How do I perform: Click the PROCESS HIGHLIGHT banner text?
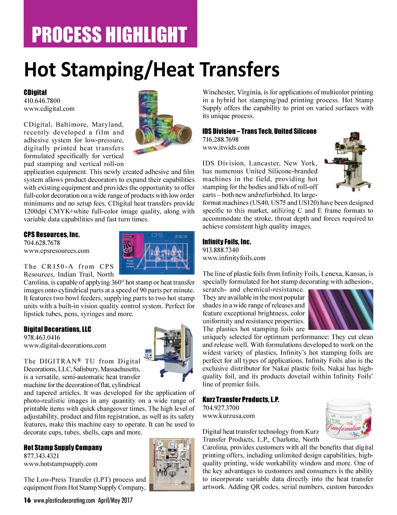[x=109, y=34]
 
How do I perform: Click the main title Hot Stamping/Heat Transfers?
[x=152, y=70]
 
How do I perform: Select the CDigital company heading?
[x=35, y=92]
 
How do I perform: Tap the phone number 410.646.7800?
[x=42, y=101]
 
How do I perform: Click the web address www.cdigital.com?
[x=49, y=109]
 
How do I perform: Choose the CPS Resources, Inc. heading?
[x=52, y=235]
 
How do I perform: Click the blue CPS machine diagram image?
[x=157, y=253]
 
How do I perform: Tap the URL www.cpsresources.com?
[x=57, y=251]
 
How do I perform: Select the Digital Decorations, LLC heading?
[x=57, y=329]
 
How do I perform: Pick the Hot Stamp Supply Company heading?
[x=63, y=448]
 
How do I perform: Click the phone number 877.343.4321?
[x=41, y=456]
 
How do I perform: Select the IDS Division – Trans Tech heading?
[x=259, y=131]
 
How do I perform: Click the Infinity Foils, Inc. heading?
[x=227, y=242]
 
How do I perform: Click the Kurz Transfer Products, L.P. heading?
[x=241, y=400]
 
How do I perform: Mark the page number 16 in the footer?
[x=27, y=500]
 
